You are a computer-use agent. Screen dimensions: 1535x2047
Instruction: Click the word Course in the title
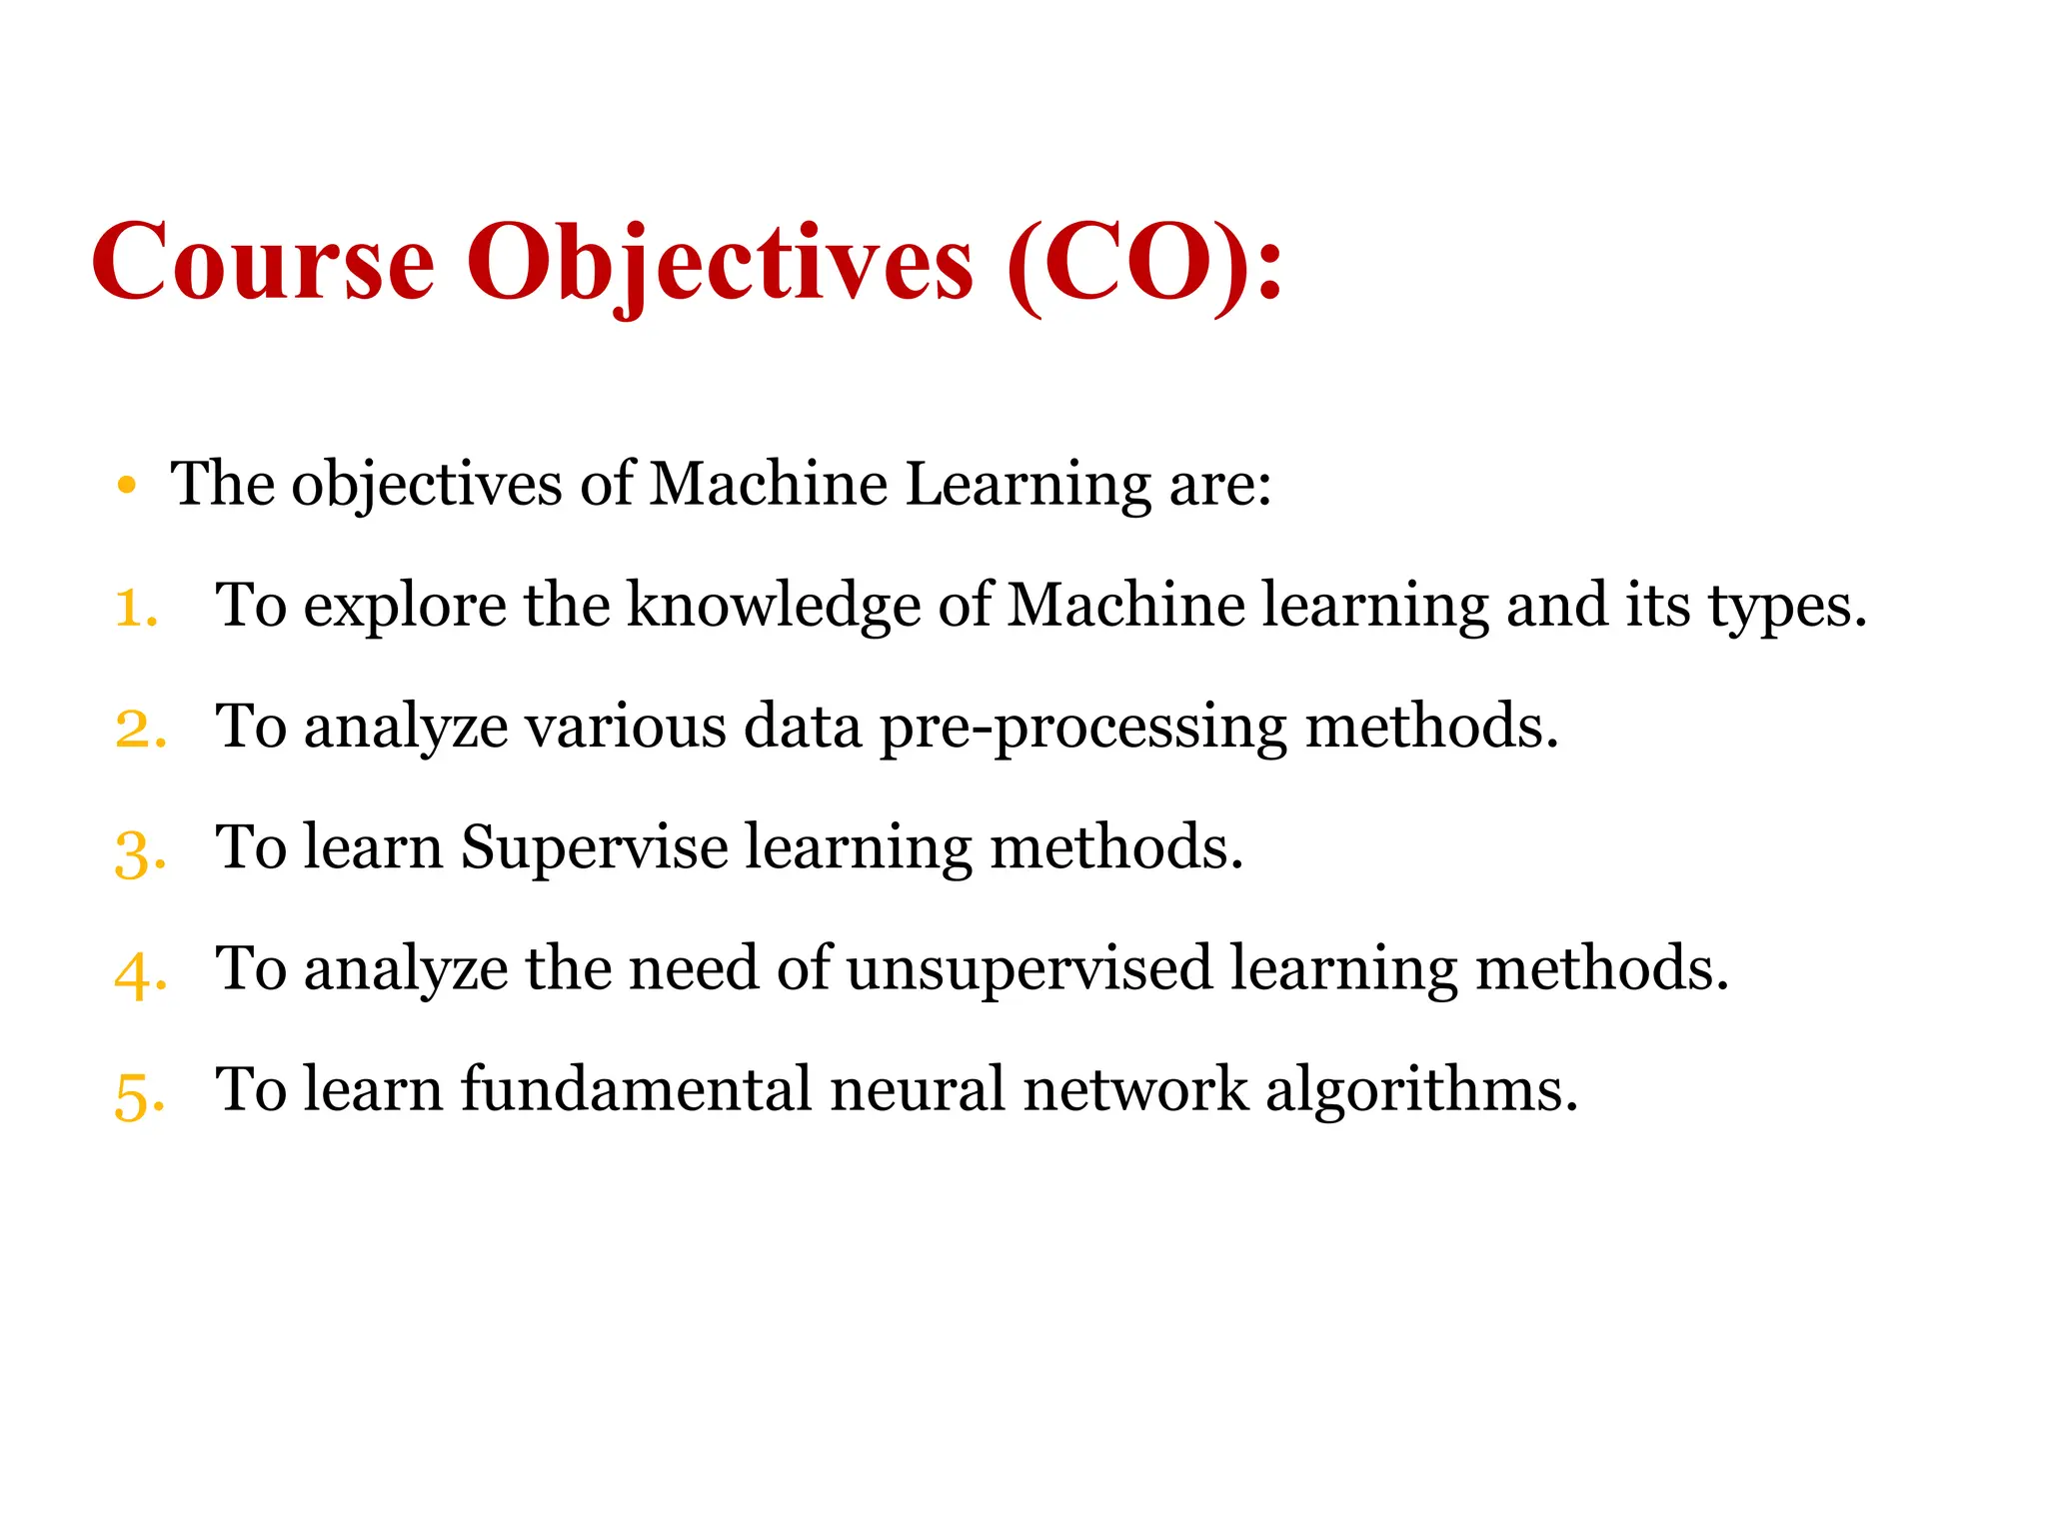pyautogui.click(x=263, y=262)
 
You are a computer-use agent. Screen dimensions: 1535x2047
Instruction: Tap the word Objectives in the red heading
pyautogui.click(x=720, y=262)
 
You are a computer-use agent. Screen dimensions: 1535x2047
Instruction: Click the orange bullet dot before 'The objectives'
pyautogui.click(x=126, y=487)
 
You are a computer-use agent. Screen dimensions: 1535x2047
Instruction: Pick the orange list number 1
pyautogui.click(x=136, y=609)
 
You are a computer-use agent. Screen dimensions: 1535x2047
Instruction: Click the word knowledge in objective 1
pyautogui.click(x=774, y=607)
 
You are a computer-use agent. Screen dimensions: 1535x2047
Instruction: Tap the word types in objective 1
pyautogui.click(x=1786, y=607)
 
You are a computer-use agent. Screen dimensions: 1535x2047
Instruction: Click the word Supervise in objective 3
pyautogui.click(x=594, y=848)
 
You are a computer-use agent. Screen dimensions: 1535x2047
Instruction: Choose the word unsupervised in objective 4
pyautogui.click(x=1029, y=969)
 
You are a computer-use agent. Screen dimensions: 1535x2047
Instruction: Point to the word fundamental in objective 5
pyautogui.click(x=636, y=1089)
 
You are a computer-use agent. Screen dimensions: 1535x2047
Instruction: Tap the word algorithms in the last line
pyautogui.click(x=1421, y=1091)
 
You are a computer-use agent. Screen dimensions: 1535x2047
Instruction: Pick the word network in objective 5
pyautogui.click(x=1135, y=1089)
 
